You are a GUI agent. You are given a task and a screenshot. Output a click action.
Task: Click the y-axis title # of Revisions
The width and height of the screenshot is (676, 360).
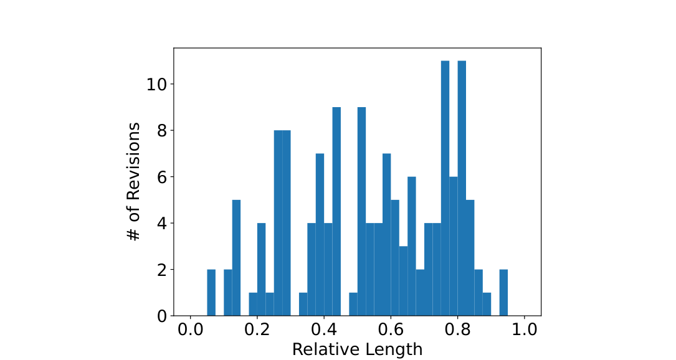click(134, 181)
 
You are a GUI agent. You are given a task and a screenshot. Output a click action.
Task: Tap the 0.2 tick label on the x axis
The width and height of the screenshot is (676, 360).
click(257, 330)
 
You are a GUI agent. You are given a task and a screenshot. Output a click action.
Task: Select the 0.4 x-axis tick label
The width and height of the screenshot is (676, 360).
click(324, 330)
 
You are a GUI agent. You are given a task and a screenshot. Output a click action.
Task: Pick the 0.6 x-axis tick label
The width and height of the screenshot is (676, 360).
click(391, 330)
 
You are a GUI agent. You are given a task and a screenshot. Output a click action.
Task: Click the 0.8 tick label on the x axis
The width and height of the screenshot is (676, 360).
click(457, 330)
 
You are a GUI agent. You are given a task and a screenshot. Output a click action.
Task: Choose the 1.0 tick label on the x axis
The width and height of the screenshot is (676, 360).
click(524, 330)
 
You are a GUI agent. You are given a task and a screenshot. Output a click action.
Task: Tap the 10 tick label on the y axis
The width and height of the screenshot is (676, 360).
click(156, 84)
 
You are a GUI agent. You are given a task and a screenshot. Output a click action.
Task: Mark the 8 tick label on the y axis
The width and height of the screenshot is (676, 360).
click(161, 131)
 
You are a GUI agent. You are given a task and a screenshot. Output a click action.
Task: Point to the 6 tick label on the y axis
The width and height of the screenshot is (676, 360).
click(161, 177)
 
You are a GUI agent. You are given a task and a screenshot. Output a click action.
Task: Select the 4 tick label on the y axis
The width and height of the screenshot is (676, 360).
click(161, 224)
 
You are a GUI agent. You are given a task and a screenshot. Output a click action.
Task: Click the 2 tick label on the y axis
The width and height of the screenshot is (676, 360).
click(161, 270)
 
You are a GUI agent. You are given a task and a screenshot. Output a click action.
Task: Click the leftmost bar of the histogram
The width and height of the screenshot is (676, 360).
click(211, 293)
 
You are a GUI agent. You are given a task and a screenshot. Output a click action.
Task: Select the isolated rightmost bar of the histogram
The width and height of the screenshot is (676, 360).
click(503, 293)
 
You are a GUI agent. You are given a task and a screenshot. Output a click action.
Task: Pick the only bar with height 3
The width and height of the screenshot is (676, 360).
click(403, 281)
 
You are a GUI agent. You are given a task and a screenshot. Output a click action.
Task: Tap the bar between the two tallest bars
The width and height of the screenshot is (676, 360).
click(454, 246)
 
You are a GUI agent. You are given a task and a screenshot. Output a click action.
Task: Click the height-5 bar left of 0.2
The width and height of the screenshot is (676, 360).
click(236, 258)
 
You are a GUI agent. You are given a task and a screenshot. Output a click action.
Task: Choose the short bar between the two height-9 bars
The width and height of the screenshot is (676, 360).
click(353, 305)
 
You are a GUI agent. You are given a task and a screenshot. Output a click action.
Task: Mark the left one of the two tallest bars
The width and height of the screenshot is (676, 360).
click(445, 188)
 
